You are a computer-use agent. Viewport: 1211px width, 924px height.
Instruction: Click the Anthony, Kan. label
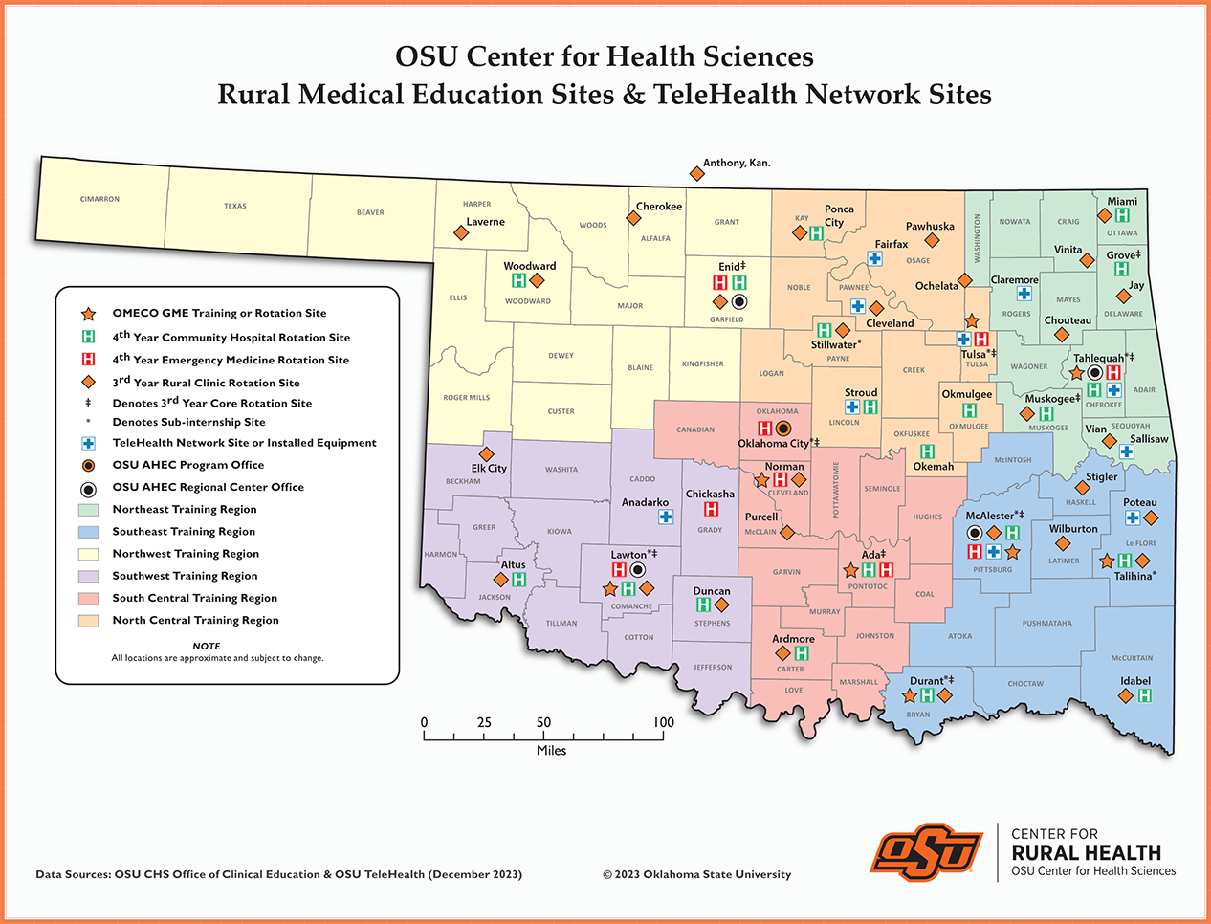[x=737, y=163]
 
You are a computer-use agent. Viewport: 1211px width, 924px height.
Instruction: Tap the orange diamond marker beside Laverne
[x=460, y=233]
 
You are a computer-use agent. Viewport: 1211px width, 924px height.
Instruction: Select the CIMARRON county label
[x=99, y=199]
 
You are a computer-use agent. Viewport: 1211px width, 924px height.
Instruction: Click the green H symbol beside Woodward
[x=518, y=280]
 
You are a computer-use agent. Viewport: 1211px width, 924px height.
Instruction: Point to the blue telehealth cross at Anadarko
[x=666, y=517]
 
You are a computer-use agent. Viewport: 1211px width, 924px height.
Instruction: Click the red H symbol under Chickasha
[x=711, y=509]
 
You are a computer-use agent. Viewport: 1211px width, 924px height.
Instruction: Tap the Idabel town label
[x=1135, y=681]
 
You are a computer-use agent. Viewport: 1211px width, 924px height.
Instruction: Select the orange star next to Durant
[x=910, y=696]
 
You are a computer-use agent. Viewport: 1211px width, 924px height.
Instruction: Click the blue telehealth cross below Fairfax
[x=874, y=259]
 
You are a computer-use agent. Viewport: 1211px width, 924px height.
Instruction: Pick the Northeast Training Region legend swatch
[x=88, y=510]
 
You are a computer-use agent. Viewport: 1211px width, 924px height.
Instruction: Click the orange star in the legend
[x=88, y=314]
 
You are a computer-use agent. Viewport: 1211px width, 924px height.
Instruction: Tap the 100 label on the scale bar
[x=663, y=723]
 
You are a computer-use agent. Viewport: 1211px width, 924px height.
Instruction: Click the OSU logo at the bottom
[x=926, y=851]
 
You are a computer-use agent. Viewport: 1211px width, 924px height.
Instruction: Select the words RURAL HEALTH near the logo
[x=1086, y=852]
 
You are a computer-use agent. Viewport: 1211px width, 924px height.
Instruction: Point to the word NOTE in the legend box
[x=207, y=646]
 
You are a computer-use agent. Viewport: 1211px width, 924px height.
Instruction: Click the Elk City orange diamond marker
[x=486, y=454]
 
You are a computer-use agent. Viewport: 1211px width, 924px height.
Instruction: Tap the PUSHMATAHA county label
[x=1046, y=623]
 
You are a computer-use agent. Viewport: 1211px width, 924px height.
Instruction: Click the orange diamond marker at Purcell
[x=786, y=532]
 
